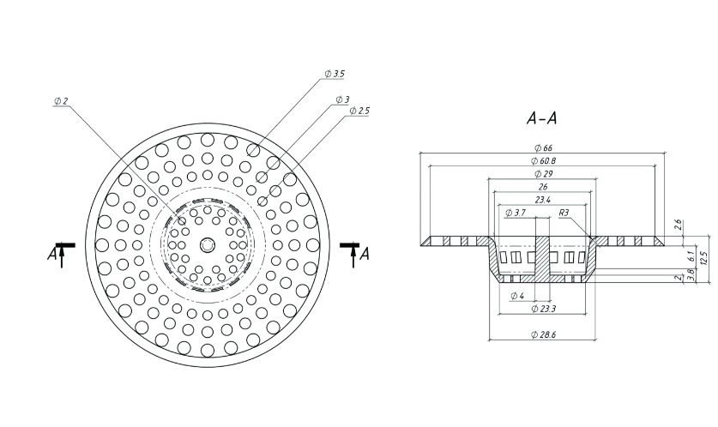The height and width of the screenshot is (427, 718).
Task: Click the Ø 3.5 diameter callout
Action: pos(335,74)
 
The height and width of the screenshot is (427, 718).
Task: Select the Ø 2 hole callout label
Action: pos(61,100)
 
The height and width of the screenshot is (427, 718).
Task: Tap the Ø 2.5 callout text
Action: pos(359,111)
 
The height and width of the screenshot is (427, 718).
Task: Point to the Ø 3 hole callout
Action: pos(342,99)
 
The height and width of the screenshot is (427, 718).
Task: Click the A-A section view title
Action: pos(541,118)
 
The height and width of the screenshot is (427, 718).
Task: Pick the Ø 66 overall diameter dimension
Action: pos(543,147)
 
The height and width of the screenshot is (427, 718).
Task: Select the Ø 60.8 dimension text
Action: pos(543,160)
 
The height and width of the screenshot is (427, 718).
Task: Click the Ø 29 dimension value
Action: pos(543,173)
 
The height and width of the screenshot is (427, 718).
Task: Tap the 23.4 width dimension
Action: pos(543,200)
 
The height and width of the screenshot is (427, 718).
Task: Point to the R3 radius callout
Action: pos(564,213)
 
